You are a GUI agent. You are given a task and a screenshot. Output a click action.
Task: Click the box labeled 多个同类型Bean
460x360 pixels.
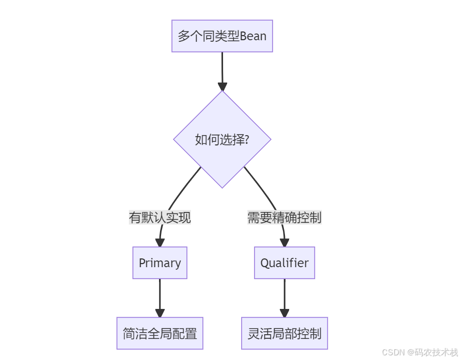pos(222,36)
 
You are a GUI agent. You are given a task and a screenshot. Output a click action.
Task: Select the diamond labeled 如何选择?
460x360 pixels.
pos(222,139)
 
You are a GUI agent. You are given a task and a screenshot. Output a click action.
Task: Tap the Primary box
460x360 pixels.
pos(160,263)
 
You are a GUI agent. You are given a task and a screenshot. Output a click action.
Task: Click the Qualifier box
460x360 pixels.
pos(284,263)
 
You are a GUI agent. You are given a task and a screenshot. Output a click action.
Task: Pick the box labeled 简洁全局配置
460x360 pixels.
pos(160,334)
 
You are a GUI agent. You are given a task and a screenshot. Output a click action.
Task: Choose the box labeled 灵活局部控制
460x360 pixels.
pos(284,334)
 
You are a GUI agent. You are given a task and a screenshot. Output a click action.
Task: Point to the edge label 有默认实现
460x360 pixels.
pos(160,218)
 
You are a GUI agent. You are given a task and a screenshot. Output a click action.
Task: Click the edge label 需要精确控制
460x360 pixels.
pos(284,218)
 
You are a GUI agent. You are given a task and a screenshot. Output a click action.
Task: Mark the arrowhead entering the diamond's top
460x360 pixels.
pos(222,86)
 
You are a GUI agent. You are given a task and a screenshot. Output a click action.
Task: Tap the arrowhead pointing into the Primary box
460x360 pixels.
pos(160,242)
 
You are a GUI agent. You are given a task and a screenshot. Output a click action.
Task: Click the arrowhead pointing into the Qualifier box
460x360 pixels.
pos(284,242)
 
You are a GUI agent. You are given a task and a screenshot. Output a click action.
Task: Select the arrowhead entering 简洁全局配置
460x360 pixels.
pos(160,313)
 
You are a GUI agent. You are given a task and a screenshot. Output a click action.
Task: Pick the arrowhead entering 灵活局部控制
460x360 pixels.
pos(284,313)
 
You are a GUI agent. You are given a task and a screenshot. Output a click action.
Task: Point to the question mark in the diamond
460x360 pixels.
pos(246,139)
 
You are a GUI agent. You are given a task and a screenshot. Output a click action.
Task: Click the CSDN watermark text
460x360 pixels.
pos(392,352)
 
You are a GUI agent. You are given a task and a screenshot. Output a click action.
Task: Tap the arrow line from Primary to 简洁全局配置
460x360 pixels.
pos(160,294)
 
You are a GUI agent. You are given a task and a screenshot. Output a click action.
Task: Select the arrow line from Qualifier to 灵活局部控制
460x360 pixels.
pos(284,294)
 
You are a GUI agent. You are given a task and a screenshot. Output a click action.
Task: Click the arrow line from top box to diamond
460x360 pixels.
pos(222,67)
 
